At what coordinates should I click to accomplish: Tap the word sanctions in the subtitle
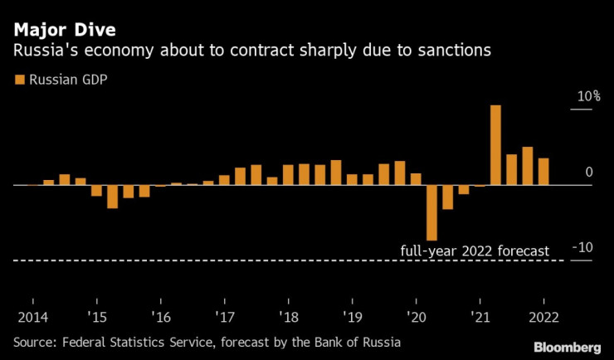[x=452, y=51]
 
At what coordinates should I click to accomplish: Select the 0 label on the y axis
[x=588, y=173]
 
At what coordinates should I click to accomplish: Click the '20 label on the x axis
[x=416, y=317]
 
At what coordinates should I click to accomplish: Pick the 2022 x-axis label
[x=543, y=317]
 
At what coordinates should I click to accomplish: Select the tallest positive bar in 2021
[x=496, y=145]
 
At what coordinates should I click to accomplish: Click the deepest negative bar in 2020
[x=432, y=212]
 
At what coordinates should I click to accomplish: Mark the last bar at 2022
[x=543, y=172]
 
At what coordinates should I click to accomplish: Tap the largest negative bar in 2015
[x=113, y=197]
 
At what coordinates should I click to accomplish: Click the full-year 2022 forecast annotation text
[x=475, y=251]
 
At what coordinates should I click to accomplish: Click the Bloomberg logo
[x=567, y=347]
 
